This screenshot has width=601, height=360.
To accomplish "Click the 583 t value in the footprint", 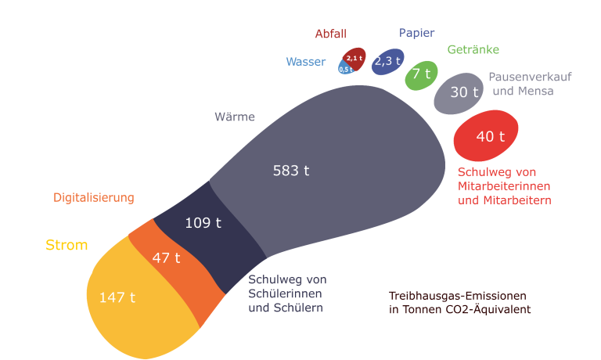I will [291, 171].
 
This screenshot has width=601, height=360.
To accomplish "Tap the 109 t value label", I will [203, 223].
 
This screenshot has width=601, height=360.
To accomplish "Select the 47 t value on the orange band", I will [166, 257].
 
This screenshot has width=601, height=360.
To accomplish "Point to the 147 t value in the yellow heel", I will [117, 297].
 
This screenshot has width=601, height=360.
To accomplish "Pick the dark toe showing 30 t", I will [464, 92].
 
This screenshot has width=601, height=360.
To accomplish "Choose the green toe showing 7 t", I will [422, 74].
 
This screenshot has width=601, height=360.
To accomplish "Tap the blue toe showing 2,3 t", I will [387, 60].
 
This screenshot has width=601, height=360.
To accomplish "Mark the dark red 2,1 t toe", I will [355, 58].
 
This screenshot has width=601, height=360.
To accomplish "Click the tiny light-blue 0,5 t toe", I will [345, 70].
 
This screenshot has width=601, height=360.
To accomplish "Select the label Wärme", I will [235, 117].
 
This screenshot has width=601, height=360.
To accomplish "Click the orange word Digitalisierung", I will [94, 198].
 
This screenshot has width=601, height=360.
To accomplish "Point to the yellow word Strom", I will [67, 246].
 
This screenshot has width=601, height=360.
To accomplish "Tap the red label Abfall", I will [330, 34].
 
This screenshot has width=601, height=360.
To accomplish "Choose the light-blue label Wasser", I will [305, 62].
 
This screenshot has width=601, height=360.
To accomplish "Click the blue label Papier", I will [416, 33].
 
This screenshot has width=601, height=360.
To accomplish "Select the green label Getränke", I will [473, 49].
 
